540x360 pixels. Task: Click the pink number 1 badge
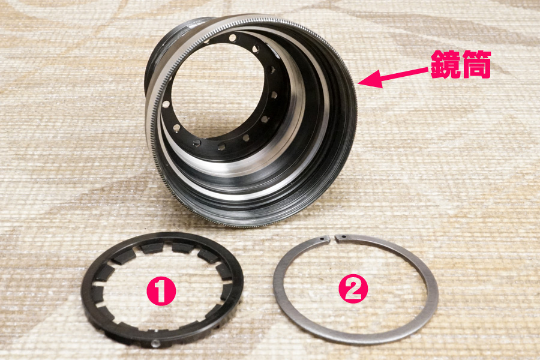[161, 291]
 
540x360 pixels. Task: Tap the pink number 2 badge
[353, 289]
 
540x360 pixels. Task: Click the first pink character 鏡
[445, 64]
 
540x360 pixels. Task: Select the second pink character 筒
[476, 64]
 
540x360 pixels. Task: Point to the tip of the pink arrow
[358, 83]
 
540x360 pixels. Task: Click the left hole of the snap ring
[323, 238]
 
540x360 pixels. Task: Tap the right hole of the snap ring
[343, 236]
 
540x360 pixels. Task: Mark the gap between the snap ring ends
[332, 238]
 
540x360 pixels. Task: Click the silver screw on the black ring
[156, 343]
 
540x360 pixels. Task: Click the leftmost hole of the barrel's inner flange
[166, 104]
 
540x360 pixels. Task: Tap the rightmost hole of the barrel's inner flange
[274, 95]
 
